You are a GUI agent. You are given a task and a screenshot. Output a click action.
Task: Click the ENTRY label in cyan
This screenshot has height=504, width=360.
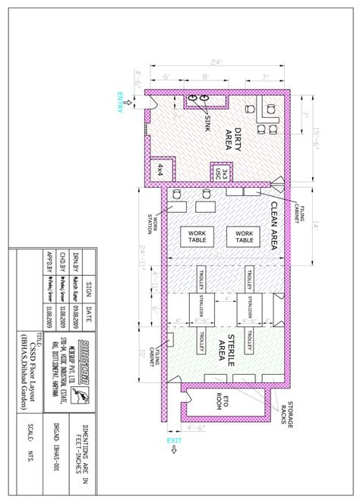(x=119, y=102)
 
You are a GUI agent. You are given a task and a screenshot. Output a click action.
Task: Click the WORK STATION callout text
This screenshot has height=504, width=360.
(x=156, y=226)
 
